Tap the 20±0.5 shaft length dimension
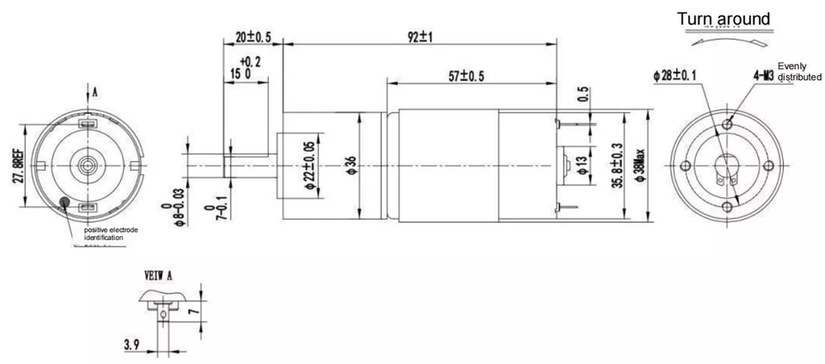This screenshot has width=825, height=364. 253,38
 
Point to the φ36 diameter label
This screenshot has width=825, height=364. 351,166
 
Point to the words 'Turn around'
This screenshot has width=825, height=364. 724,19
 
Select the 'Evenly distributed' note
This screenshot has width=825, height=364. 799,71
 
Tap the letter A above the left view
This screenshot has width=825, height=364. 95,92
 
